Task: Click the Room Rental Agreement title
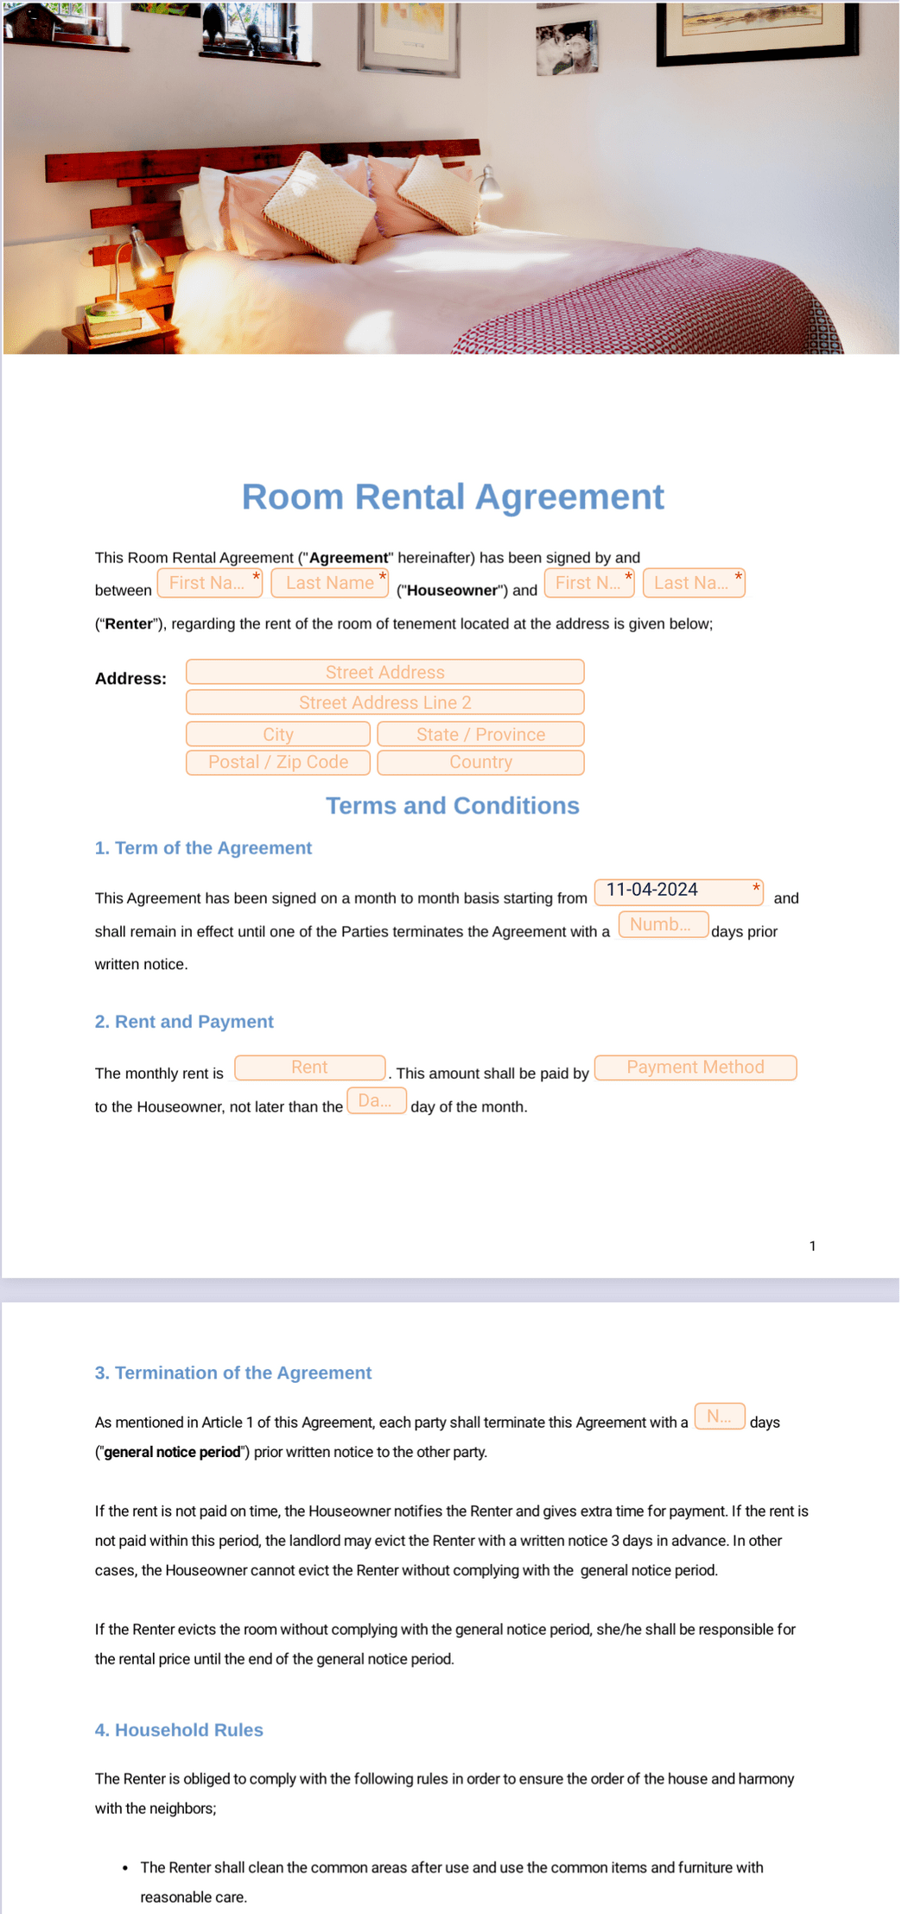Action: point(452,497)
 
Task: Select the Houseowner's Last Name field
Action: point(329,583)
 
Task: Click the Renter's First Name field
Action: point(588,583)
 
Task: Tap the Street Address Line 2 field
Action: point(384,702)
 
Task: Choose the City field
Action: point(277,734)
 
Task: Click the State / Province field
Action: point(480,734)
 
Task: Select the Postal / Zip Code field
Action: point(277,763)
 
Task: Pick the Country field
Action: point(480,763)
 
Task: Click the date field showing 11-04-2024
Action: point(677,890)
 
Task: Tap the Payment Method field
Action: point(695,1068)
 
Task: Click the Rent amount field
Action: point(309,1068)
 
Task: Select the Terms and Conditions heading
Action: point(452,806)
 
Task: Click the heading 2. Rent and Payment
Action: point(184,1022)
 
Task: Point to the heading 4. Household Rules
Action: point(179,1730)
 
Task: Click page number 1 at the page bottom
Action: point(812,1245)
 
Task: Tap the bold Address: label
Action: point(130,679)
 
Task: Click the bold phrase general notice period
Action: point(172,1452)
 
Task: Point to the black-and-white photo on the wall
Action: point(567,48)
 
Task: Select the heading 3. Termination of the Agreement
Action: point(233,1373)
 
